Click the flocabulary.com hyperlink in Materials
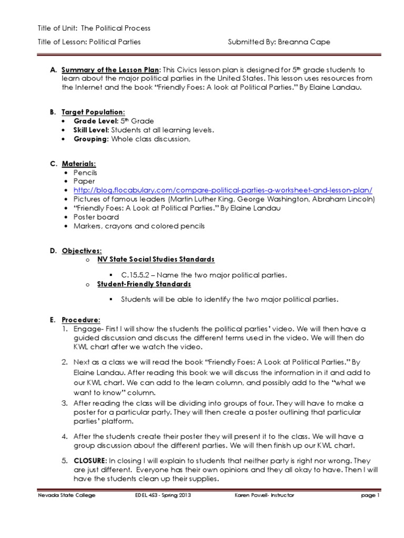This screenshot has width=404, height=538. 223,190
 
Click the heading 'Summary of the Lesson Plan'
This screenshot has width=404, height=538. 109,70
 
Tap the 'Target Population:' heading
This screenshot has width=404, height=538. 93,112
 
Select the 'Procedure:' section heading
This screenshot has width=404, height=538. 80,319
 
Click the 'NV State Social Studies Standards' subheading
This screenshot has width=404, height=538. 156,260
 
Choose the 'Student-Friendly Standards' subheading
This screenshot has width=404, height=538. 144,284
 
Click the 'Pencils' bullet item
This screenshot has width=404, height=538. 85,172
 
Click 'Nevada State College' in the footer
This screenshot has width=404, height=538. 66,495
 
